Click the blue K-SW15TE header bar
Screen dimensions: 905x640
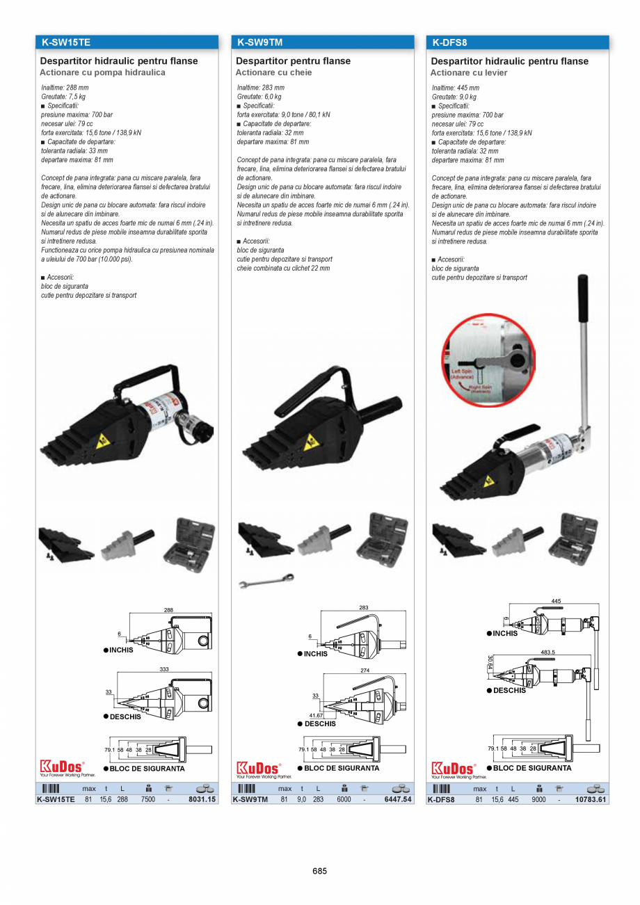(x=127, y=42)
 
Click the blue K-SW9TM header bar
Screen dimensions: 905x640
(x=322, y=42)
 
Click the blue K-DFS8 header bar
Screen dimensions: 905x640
(x=518, y=42)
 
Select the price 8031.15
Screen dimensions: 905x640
(x=202, y=800)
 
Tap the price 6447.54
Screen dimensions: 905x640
(x=398, y=800)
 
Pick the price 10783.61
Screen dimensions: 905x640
(x=591, y=800)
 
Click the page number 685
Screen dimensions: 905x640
(x=319, y=871)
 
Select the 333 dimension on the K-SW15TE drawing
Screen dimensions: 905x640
(x=164, y=668)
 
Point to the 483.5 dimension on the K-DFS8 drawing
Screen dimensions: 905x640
(x=548, y=652)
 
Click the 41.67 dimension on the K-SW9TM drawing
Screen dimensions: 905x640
(x=317, y=715)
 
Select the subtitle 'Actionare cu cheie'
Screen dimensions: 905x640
(x=273, y=72)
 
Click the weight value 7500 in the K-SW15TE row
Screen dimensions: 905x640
(x=148, y=800)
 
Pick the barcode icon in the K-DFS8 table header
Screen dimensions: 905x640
(x=441, y=789)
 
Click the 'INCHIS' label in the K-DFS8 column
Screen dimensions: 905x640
(x=504, y=633)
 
